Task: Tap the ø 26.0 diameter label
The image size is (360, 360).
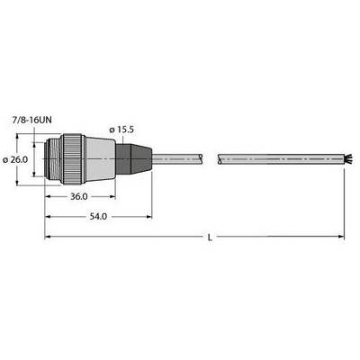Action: [15, 159]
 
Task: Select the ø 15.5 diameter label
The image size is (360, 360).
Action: [121, 130]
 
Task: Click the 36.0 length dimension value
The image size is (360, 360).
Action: [79, 197]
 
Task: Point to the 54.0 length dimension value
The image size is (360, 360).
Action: [98, 217]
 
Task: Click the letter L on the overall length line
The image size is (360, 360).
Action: [210, 238]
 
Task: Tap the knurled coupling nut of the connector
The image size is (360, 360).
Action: [71, 159]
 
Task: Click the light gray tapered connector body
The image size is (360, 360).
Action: [100, 159]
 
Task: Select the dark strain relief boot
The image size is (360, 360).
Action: [134, 159]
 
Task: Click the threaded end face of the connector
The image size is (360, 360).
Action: [52, 159]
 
